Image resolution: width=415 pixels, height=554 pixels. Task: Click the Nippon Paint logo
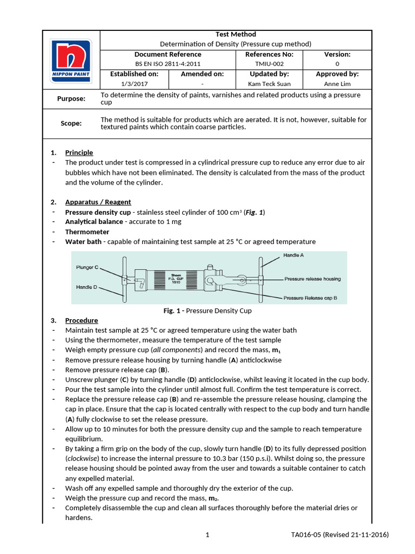click(71, 60)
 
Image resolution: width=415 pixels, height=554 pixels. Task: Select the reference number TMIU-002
click(269, 64)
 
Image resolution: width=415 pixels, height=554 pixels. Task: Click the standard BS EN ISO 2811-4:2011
click(168, 64)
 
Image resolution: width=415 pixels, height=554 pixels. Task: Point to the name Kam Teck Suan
click(269, 84)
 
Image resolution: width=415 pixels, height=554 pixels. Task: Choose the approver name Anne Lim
click(337, 84)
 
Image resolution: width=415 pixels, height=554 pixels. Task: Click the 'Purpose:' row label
click(71, 98)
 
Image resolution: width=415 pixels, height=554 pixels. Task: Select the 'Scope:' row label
click(71, 123)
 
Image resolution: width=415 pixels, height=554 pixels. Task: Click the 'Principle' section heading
click(79, 153)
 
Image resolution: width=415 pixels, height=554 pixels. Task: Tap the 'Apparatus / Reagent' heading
click(98, 202)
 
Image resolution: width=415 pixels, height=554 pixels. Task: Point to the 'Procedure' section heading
click(82, 320)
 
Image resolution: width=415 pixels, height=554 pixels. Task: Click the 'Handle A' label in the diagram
click(293, 255)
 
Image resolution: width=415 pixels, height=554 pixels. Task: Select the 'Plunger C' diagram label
click(88, 267)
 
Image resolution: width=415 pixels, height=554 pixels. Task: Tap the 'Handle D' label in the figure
click(86, 287)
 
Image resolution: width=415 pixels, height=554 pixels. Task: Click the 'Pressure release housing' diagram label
click(312, 279)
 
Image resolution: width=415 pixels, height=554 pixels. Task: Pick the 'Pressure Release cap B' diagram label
click(310, 298)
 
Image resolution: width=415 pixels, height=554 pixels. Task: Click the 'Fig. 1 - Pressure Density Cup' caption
click(207, 311)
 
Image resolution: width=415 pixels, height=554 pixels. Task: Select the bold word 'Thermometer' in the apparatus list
click(87, 232)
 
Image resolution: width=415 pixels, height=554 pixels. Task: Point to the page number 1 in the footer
click(207, 535)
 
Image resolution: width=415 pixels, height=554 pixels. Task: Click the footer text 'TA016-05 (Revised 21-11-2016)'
click(339, 535)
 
